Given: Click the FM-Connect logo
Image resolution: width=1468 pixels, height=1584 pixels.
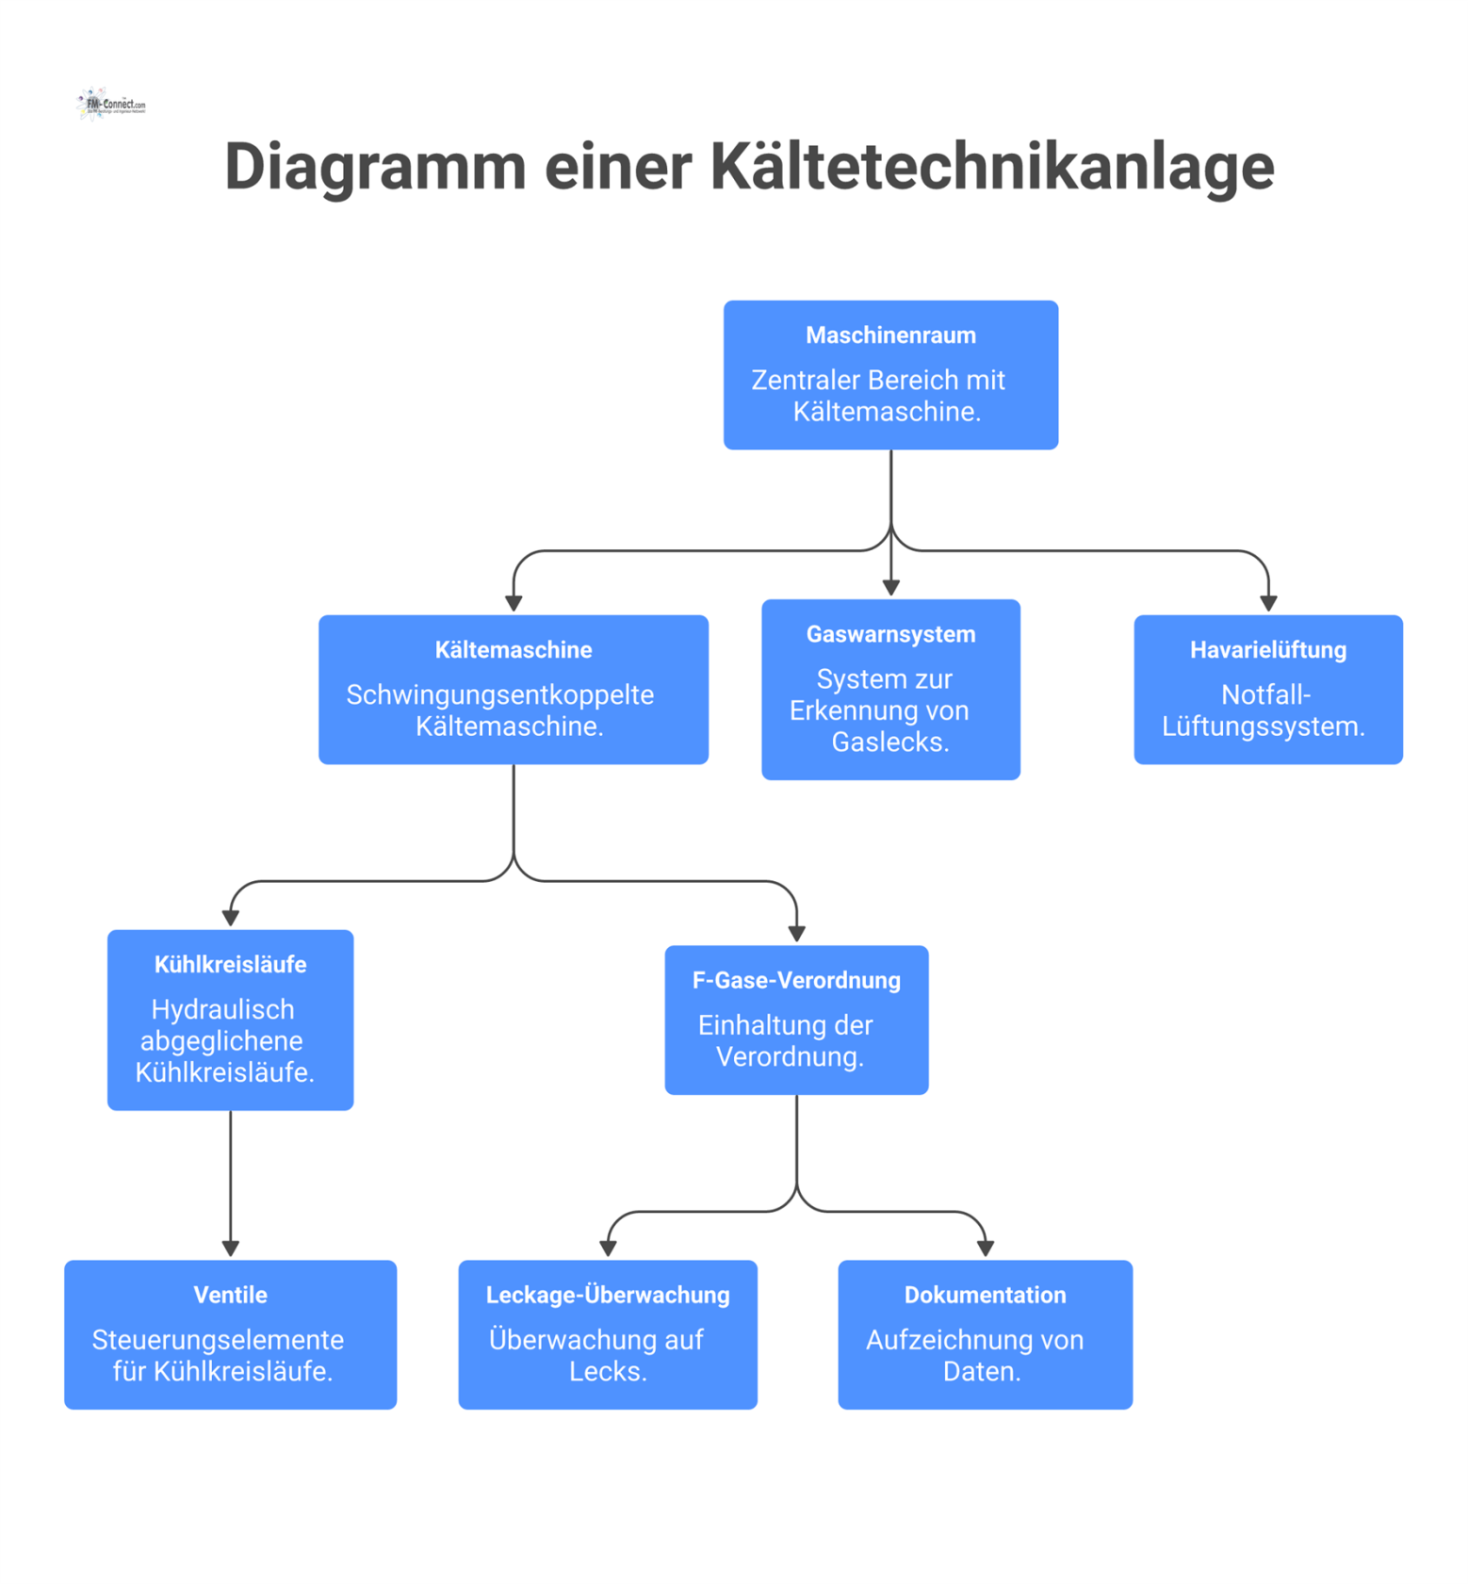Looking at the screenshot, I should tap(111, 104).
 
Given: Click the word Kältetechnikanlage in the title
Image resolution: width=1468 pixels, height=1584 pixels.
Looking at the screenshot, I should tap(991, 167).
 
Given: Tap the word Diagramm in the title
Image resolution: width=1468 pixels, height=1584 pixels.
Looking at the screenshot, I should tap(374, 167).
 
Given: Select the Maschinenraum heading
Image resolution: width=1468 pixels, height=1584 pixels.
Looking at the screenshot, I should tap(890, 335).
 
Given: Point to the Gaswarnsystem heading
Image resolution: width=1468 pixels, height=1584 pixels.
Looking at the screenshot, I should tap(890, 634).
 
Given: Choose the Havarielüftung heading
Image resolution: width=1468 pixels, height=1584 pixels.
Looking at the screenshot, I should tap(1267, 650).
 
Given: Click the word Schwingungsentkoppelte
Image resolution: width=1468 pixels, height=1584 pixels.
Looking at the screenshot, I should tap(499, 694).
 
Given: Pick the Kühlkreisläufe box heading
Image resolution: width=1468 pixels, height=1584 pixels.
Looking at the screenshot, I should tap(230, 965).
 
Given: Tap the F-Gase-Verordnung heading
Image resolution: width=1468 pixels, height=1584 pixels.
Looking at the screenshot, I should tap(796, 980).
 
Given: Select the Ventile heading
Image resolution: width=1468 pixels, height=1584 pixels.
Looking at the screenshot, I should tap(230, 1295).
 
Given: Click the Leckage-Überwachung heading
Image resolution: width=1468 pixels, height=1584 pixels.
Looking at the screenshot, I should tap(608, 1295).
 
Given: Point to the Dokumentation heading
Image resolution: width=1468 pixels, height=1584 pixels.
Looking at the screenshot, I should tap(985, 1295).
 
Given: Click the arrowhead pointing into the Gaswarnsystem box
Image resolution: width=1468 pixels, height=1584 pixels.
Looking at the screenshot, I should tap(890, 588).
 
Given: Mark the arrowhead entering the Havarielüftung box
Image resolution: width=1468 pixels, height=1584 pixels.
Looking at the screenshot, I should tap(1268, 603).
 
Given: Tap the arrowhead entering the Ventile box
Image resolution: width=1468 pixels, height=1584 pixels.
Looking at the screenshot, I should tap(230, 1249).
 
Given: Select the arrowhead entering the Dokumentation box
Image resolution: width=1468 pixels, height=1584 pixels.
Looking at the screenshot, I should tap(986, 1249).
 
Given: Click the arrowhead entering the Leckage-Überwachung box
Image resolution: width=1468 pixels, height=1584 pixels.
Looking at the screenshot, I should tap(608, 1249).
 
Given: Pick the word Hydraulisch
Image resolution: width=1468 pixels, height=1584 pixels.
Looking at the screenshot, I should tap(222, 1009).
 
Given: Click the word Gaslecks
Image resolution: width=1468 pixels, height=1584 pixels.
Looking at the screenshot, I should tap(889, 743).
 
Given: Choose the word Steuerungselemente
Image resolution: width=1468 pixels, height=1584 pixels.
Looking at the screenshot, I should tap(218, 1340).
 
